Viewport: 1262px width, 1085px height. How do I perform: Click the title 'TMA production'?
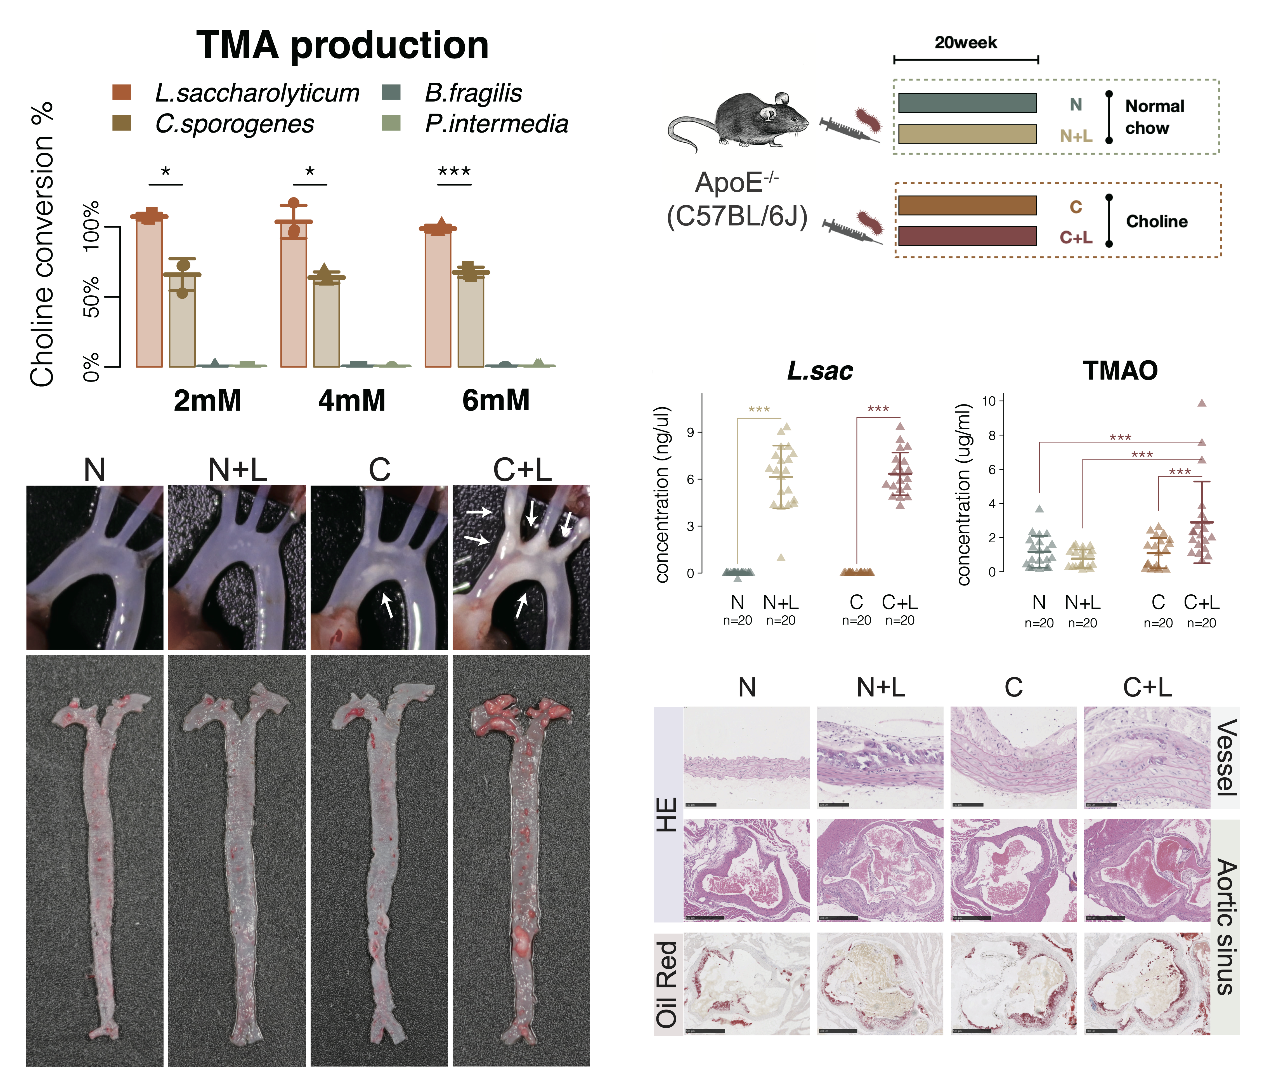coord(342,46)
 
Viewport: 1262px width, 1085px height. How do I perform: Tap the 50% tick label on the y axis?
coord(91,297)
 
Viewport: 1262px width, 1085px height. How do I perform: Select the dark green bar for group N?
coord(967,103)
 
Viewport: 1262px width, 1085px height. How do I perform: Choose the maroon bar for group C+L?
coord(967,236)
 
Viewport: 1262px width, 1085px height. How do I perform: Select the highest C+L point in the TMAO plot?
coord(1202,403)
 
